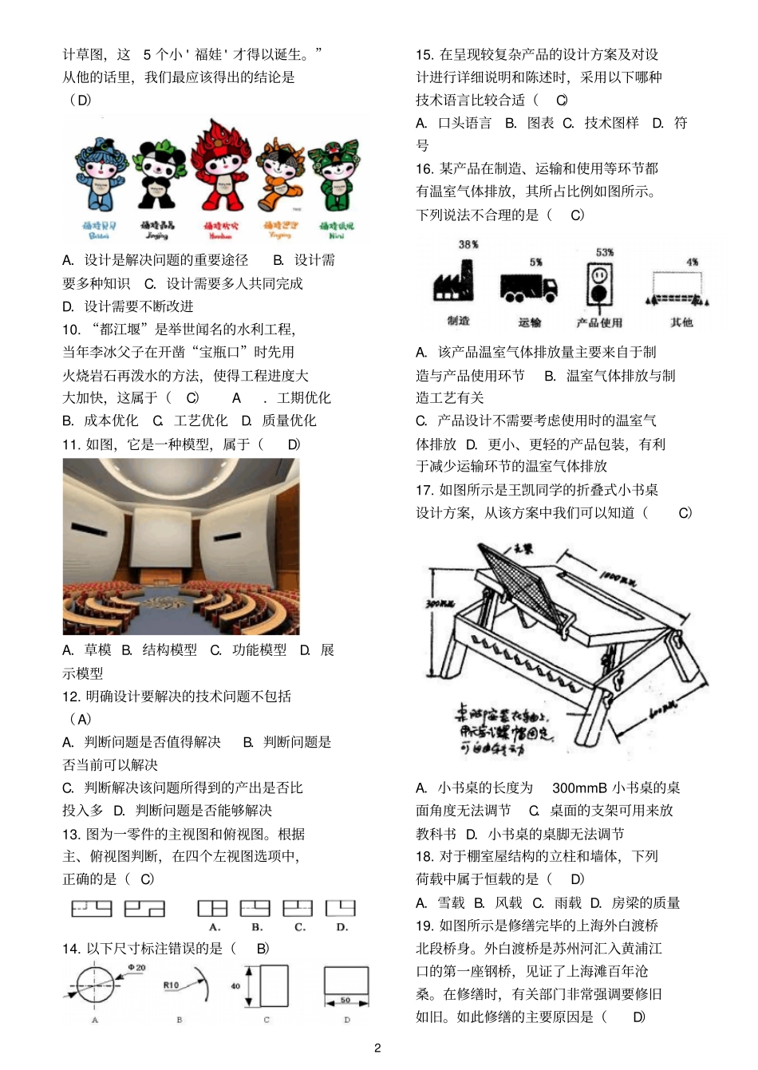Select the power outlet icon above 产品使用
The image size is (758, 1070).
(599, 284)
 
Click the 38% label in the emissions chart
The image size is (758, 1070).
(468, 245)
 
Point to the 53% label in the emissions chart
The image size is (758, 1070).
(605, 252)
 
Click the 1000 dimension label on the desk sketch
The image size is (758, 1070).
(618, 577)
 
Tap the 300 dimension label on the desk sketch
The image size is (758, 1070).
(440, 604)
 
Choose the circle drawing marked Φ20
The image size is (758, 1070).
(95, 987)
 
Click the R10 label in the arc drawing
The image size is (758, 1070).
(171, 985)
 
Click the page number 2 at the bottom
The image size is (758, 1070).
(377, 1048)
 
